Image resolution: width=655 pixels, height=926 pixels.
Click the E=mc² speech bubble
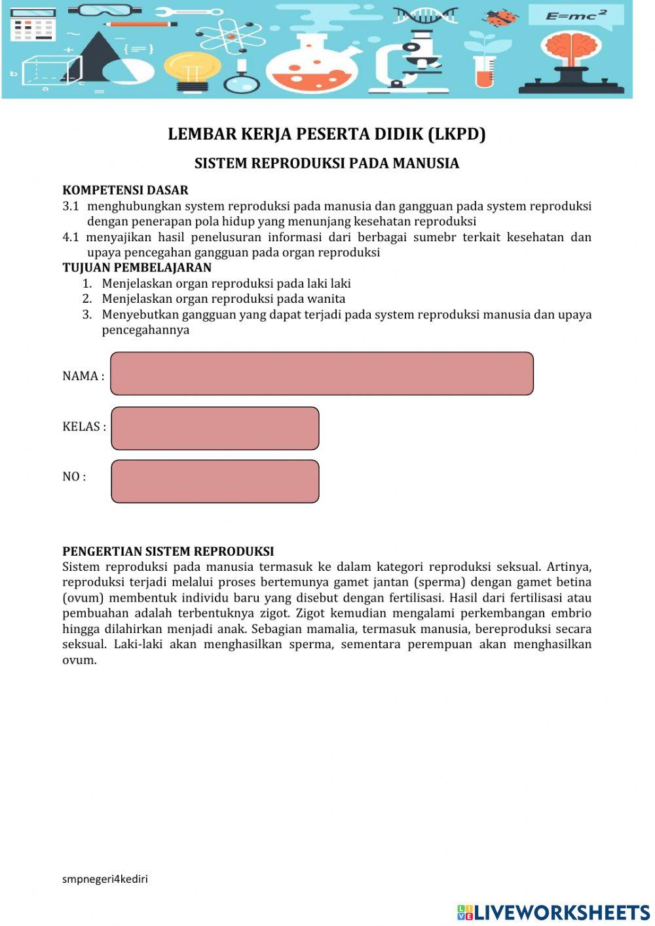(575, 16)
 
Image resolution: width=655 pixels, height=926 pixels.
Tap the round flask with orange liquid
(312, 66)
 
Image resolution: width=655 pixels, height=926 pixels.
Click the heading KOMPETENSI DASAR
(125, 190)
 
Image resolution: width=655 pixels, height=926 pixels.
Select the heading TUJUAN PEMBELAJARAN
(137, 267)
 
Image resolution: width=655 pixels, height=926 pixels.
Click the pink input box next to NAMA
(322, 374)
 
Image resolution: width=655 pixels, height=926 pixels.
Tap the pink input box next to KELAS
(215, 428)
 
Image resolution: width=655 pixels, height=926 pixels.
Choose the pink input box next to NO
(215, 481)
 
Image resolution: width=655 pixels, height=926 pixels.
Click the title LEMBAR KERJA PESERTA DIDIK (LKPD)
(326, 134)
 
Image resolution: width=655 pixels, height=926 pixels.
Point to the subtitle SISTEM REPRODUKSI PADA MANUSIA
(326, 163)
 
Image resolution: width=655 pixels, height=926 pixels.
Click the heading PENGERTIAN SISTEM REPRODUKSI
(168, 551)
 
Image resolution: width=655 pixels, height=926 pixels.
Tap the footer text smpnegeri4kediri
(105, 879)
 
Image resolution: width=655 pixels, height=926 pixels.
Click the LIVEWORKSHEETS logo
(553, 912)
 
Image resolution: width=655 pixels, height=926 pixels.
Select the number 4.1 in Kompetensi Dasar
(70, 237)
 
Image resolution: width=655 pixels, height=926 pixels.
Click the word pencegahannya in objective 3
(145, 330)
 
